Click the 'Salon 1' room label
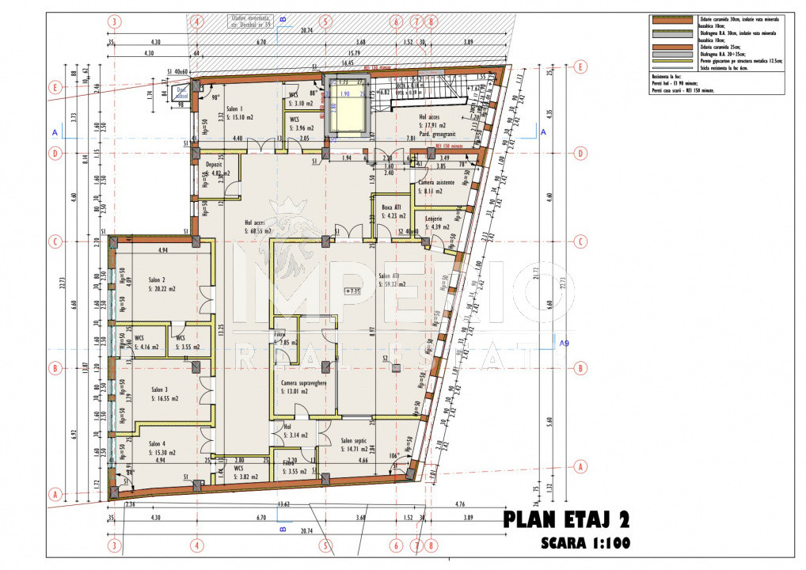tap(235, 109)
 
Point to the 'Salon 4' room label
tap(157, 444)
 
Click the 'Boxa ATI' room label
tap(391, 207)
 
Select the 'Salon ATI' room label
tap(388, 276)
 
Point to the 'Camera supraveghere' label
tap(305, 382)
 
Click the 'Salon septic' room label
tap(356, 441)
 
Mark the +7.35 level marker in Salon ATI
tap(352, 291)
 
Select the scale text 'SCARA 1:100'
tap(585, 545)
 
